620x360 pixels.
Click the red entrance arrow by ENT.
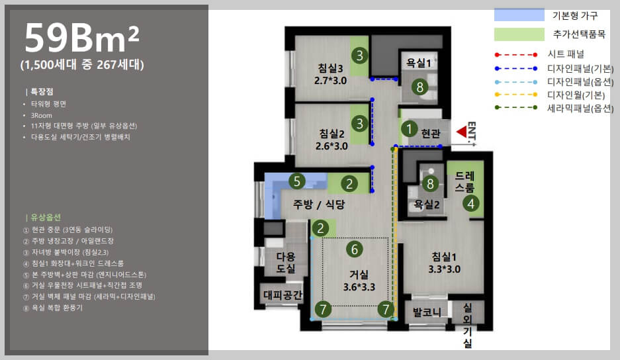pos(461,132)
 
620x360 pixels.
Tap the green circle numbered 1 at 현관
pos(409,128)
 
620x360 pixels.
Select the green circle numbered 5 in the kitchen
pos(297,181)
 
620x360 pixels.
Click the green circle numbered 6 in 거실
pos(354,249)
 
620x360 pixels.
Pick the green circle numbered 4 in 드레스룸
pos(470,204)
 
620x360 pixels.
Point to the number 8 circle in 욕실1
pos(420,87)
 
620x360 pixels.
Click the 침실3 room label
pos(330,68)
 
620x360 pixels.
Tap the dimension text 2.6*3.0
pos(332,146)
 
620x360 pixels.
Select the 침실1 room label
pos(444,257)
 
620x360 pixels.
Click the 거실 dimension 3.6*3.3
pos(359,287)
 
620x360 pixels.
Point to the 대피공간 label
pos(283,294)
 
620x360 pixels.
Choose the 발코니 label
pos(427,312)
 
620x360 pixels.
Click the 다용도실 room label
pos(286,262)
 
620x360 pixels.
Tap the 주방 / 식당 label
pos(319,204)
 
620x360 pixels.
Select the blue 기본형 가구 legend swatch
pos(519,15)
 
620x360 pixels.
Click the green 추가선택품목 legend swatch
pos(519,34)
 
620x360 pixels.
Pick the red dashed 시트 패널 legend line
pos(516,54)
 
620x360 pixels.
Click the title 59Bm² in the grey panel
pos(82,38)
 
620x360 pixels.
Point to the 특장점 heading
pos(42,92)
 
